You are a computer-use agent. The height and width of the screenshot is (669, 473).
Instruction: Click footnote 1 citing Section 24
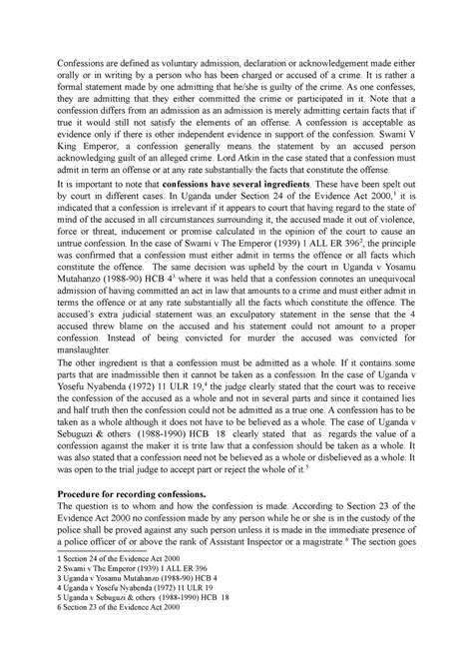tap(106, 587)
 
